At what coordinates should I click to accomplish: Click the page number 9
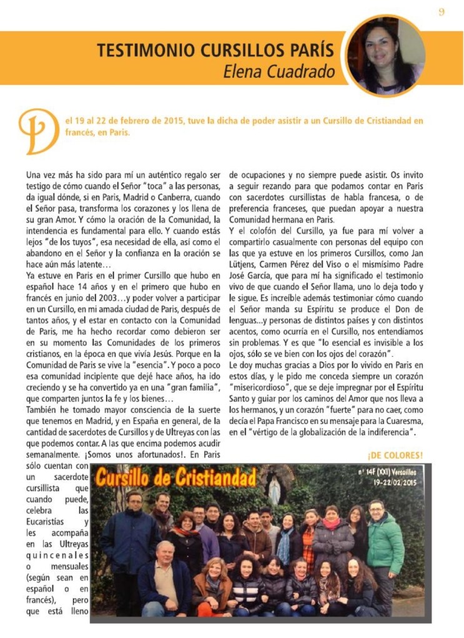tap(441, 12)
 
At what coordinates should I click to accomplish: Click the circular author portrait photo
tap(386, 55)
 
